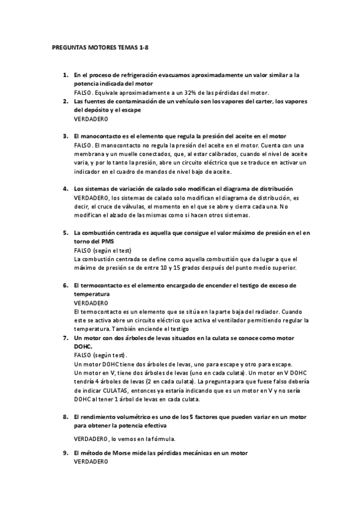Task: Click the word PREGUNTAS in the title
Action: (64, 47)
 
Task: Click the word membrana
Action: (86, 154)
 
